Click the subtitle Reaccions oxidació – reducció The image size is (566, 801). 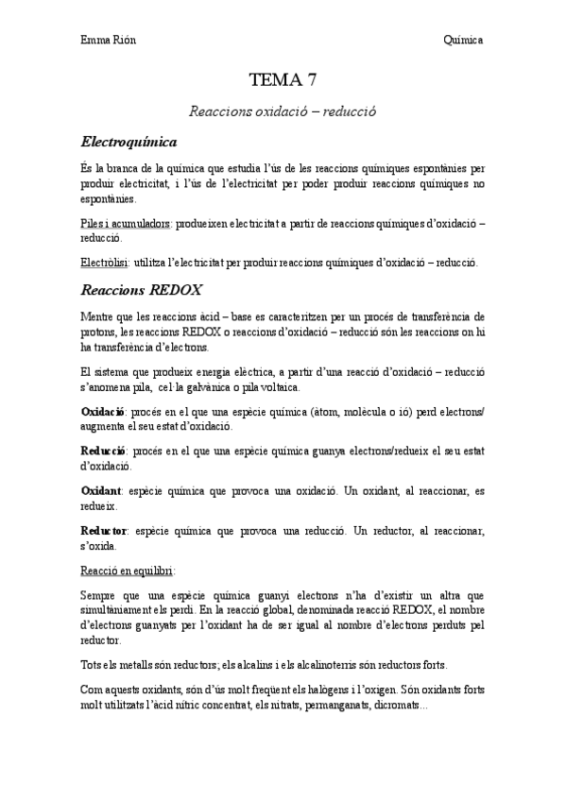(283, 111)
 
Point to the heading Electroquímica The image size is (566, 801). (129, 142)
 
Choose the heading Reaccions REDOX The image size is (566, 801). (144, 288)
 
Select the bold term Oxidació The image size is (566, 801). (104, 413)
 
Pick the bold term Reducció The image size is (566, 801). (105, 452)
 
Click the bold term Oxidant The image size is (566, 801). (101, 492)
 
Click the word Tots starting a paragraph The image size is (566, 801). (93, 664)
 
